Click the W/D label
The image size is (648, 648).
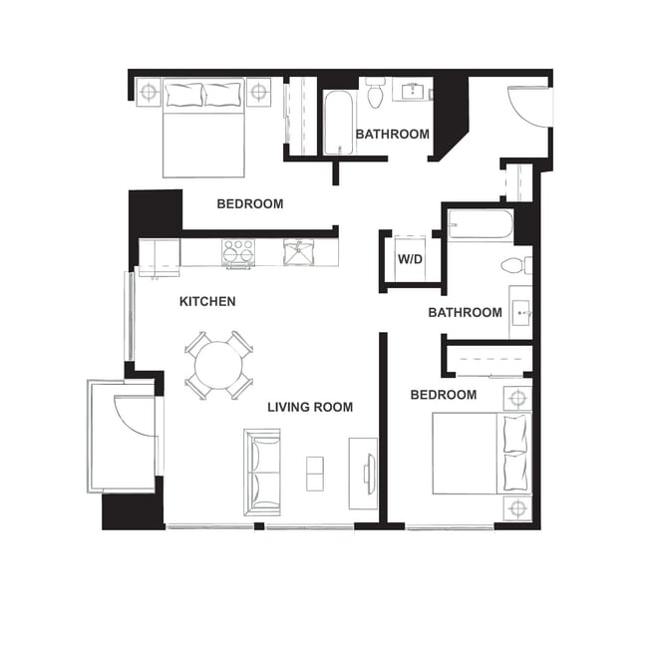(410, 259)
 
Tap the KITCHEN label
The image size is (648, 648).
(207, 301)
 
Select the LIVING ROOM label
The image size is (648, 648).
(310, 407)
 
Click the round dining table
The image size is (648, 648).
(217, 366)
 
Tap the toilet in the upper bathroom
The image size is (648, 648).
(376, 94)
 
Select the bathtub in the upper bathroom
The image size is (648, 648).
(338, 123)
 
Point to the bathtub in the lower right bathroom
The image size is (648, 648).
(480, 224)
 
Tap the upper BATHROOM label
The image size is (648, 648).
(393, 134)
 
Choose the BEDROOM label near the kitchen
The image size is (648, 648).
(250, 203)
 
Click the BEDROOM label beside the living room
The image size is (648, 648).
(444, 395)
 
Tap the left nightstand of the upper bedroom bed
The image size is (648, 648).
(149, 93)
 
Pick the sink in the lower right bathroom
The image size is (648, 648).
(520, 313)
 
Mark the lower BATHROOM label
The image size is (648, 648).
(465, 312)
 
